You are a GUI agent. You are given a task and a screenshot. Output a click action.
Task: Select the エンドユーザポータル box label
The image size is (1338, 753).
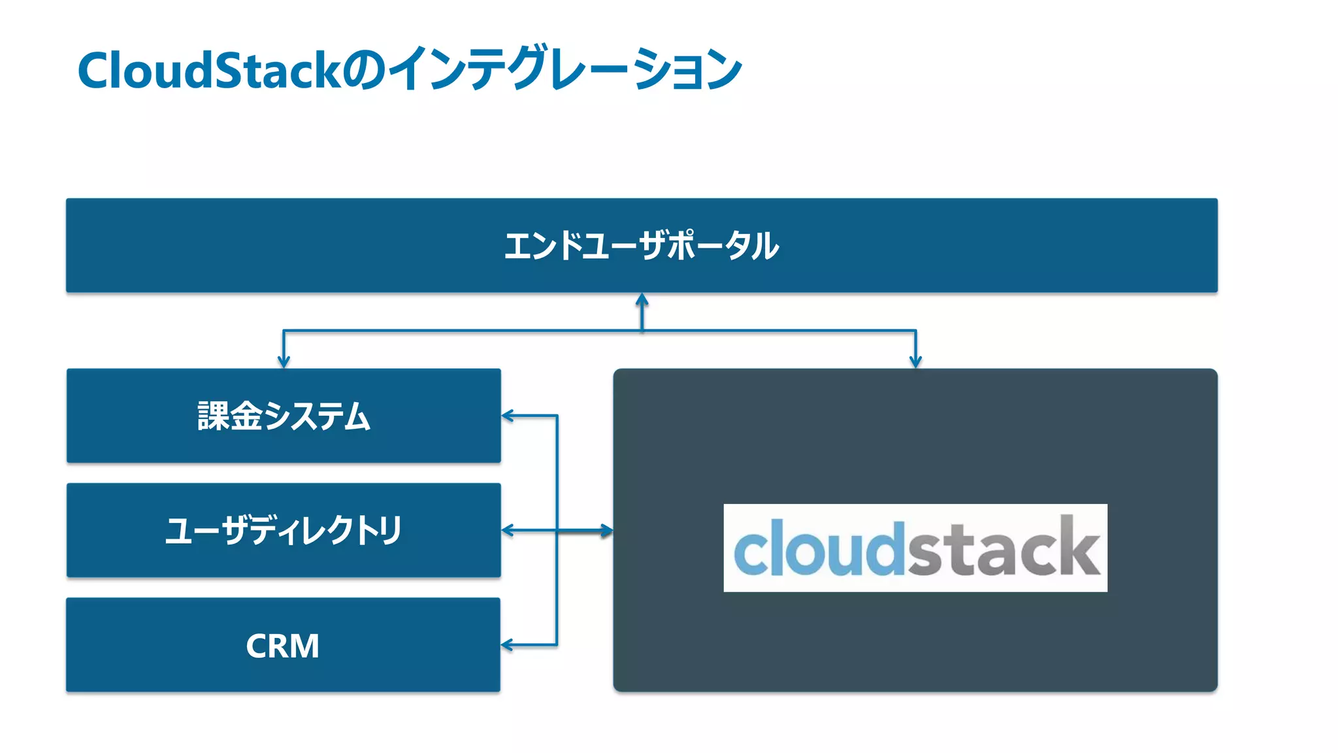click(642, 246)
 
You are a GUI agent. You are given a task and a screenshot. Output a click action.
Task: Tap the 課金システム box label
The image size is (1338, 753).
click(284, 416)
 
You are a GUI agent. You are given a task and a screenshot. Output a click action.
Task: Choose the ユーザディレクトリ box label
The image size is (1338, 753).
click(284, 530)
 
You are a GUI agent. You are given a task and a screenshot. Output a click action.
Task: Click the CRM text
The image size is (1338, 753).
click(282, 646)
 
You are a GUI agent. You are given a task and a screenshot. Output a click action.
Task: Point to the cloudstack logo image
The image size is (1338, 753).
click(915, 548)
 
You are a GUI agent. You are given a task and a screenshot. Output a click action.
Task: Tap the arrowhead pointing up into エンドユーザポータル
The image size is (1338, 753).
click(642, 300)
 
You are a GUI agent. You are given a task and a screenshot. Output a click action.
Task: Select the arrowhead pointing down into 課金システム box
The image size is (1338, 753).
click(284, 361)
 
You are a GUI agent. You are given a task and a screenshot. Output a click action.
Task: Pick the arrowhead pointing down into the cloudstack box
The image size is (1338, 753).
click(915, 361)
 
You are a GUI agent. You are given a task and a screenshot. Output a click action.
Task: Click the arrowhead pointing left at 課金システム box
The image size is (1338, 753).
click(508, 415)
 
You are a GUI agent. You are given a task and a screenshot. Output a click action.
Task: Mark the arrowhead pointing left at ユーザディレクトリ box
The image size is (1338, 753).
click(508, 530)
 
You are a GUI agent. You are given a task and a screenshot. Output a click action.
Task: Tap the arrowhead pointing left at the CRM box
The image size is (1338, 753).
click(507, 645)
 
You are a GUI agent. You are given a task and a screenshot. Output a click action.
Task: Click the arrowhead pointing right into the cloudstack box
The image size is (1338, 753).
click(607, 531)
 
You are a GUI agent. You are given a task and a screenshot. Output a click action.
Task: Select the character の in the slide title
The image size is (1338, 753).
click(364, 71)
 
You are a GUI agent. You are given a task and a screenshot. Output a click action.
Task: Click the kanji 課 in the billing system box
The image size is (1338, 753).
click(213, 416)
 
